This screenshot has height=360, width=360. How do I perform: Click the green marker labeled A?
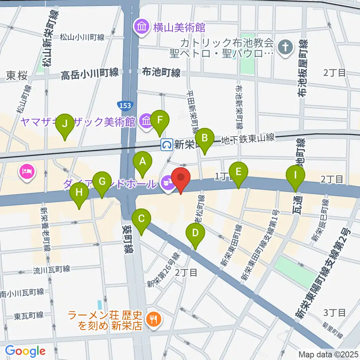[142, 162]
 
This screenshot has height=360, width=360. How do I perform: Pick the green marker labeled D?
[195, 233]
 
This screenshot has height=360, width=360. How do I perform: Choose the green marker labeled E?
[238, 172]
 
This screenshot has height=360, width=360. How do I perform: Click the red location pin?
[181, 178]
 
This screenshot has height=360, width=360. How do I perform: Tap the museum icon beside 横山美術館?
[142, 27]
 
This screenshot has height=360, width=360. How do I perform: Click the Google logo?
[25, 351]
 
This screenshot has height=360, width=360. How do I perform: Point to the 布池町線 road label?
[161, 72]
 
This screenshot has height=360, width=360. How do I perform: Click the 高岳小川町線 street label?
[90, 73]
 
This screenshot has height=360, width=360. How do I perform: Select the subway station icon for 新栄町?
[166, 144]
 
